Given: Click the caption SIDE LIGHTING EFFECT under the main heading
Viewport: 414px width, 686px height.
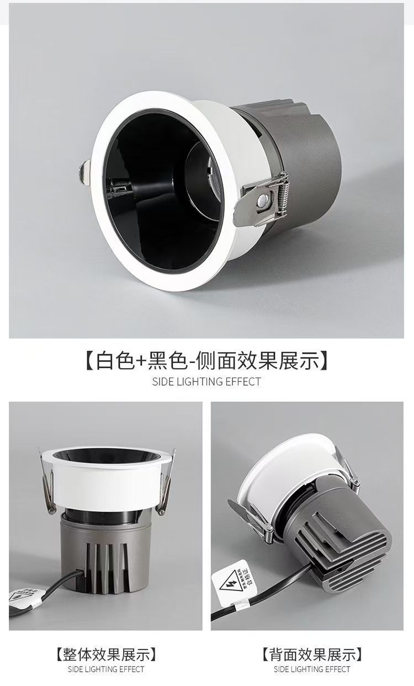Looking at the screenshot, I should [206, 381].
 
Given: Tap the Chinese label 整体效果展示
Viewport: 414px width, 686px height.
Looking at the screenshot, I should [105, 655].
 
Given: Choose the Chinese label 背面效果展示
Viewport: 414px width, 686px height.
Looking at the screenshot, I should [312, 655].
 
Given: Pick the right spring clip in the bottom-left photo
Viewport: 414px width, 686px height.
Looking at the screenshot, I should [164, 486].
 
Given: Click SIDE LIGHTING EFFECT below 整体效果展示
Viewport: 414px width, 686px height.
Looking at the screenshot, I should [105, 669].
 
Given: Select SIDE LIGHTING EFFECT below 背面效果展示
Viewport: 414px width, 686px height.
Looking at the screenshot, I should [312, 669].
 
